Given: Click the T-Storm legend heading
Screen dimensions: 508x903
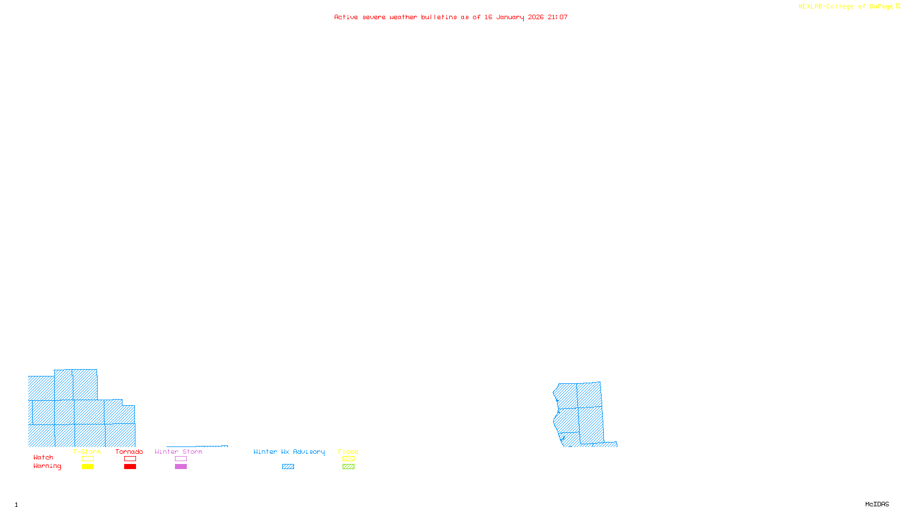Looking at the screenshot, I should (87, 452).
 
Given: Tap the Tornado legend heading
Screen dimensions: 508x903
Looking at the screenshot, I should (129, 452).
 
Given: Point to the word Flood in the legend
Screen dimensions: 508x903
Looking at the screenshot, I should (348, 452).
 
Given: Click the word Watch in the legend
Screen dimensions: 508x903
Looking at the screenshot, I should (43, 457).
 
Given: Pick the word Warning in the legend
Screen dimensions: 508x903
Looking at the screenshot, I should (47, 466).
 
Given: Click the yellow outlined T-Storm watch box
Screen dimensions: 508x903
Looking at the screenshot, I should (87, 459).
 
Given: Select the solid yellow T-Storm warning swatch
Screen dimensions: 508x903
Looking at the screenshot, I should (87, 467).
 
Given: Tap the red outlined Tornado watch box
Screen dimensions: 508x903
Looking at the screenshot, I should (130, 459).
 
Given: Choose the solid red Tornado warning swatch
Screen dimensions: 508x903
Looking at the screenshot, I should (130, 467).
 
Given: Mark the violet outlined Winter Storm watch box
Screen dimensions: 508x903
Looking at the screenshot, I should (181, 459).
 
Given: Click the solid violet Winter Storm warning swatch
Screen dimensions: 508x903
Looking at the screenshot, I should (181, 467).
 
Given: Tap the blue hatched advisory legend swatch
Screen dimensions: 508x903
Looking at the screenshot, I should (288, 467).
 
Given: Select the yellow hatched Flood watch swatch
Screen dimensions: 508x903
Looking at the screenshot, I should (348, 459).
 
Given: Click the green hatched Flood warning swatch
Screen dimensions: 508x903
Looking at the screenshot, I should (348, 467).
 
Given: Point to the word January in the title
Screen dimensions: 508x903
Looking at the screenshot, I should (510, 17).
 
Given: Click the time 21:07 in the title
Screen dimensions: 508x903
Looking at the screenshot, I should (558, 17).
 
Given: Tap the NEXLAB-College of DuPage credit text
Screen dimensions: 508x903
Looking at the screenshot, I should (846, 7).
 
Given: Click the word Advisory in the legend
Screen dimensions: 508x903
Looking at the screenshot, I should (309, 452).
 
